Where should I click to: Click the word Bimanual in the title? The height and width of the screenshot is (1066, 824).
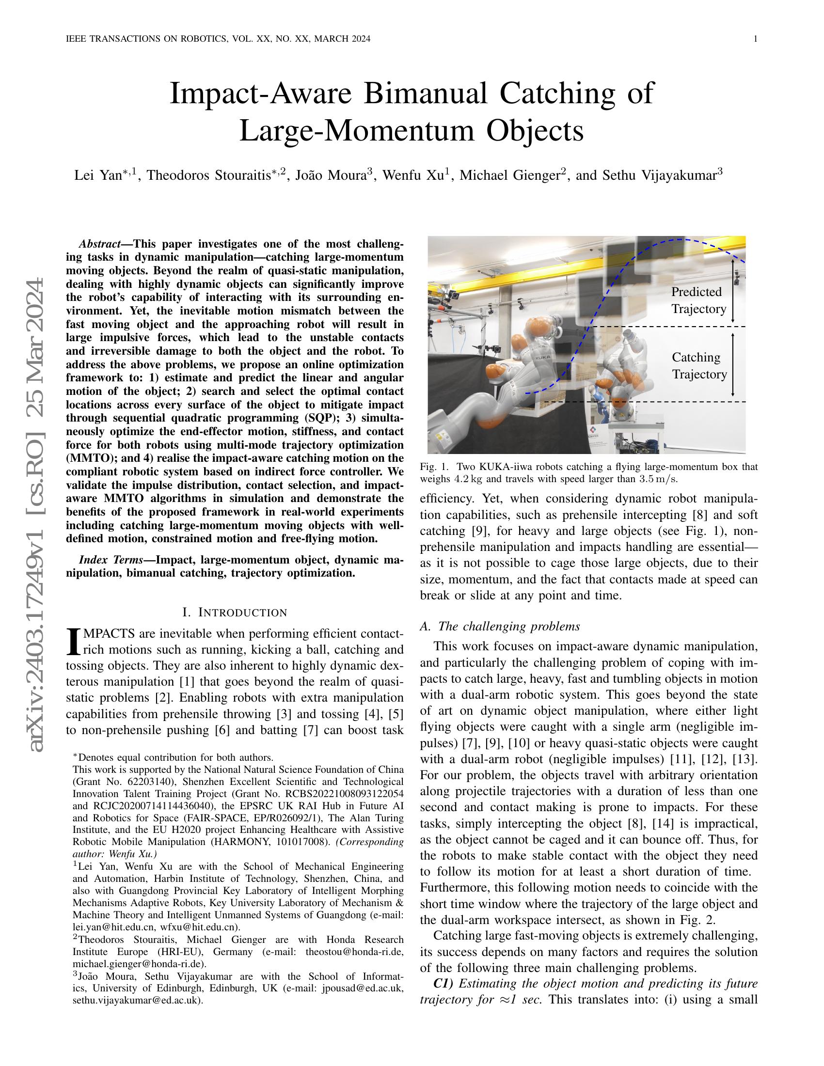click(x=425, y=94)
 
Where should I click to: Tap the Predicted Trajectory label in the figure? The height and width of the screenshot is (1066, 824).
click(x=698, y=300)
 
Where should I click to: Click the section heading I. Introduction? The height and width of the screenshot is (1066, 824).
click(x=234, y=612)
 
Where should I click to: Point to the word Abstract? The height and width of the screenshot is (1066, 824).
click(x=100, y=244)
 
